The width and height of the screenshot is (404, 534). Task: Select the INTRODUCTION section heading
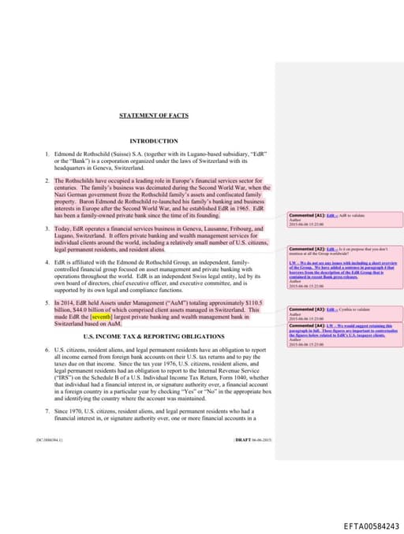click(x=154, y=141)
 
